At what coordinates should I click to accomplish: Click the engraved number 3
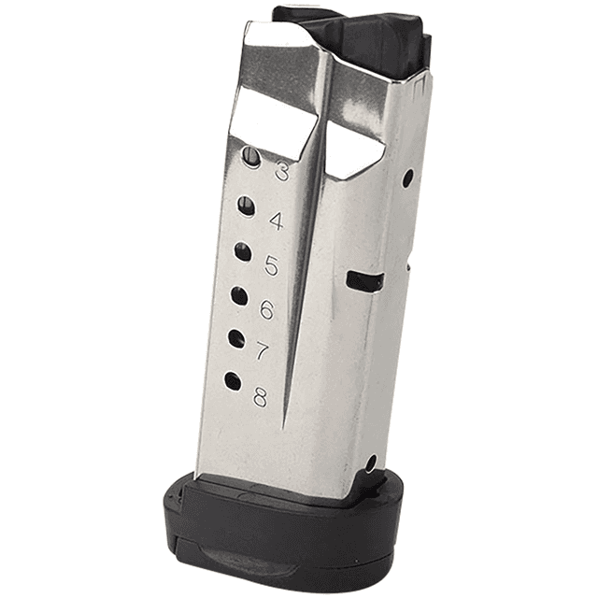pyautogui.click(x=280, y=172)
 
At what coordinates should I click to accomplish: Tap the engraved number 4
pyautogui.click(x=276, y=221)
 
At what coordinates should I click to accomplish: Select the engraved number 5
pyautogui.click(x=271, y=265)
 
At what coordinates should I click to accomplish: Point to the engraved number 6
pyautogui.click(x=266, y=310)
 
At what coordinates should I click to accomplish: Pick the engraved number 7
pyautogui.click(x=263, y=352)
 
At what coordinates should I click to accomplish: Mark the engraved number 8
pyautogui.click(x=259, y=396)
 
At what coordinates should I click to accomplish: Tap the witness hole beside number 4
pyautogui.click(x=246, y=206)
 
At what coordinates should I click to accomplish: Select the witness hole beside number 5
pyautogui.click(x=242, y=251)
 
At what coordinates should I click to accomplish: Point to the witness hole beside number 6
pyautogui.click(x=239, y=296)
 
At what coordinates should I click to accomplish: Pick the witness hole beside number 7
pyautogui.click(x=236, y=338)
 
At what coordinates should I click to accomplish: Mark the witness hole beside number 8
pyautogui.click(x=233, y=381)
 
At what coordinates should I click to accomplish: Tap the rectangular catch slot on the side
pyautogui.click(x=363, y=280)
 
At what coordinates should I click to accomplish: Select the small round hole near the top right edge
pyautogui.click(x=407, y=178)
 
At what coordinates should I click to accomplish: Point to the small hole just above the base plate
pyautogui.click(x=371, y=463)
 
